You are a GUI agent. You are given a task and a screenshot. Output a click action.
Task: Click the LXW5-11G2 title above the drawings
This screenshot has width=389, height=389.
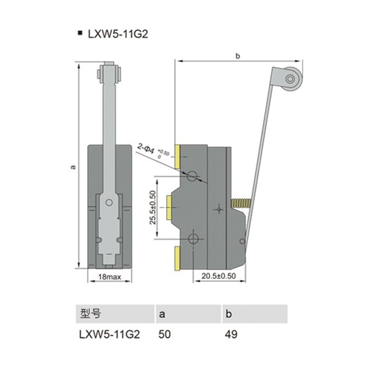point(118,34)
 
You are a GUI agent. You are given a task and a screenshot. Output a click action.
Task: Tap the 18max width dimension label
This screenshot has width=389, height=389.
point(110,277)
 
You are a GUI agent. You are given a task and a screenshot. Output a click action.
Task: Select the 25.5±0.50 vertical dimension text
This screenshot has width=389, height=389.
point(153,207)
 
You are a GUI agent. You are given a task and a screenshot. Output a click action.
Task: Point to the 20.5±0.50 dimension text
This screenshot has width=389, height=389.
point(219,276)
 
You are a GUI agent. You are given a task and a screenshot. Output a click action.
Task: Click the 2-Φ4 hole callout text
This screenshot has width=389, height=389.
point(146,149)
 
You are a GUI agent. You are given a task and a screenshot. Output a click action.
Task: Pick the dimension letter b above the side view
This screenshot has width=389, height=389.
point(238,56)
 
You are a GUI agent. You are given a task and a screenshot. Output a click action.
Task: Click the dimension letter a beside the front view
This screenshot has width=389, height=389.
point(73,167)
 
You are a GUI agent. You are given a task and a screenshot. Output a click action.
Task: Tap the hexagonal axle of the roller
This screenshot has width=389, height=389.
point(289,79)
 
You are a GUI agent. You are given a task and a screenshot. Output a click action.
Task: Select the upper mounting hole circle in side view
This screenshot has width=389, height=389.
point(192,176)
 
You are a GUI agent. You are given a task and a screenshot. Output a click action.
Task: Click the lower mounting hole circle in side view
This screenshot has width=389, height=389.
point(193,239)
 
